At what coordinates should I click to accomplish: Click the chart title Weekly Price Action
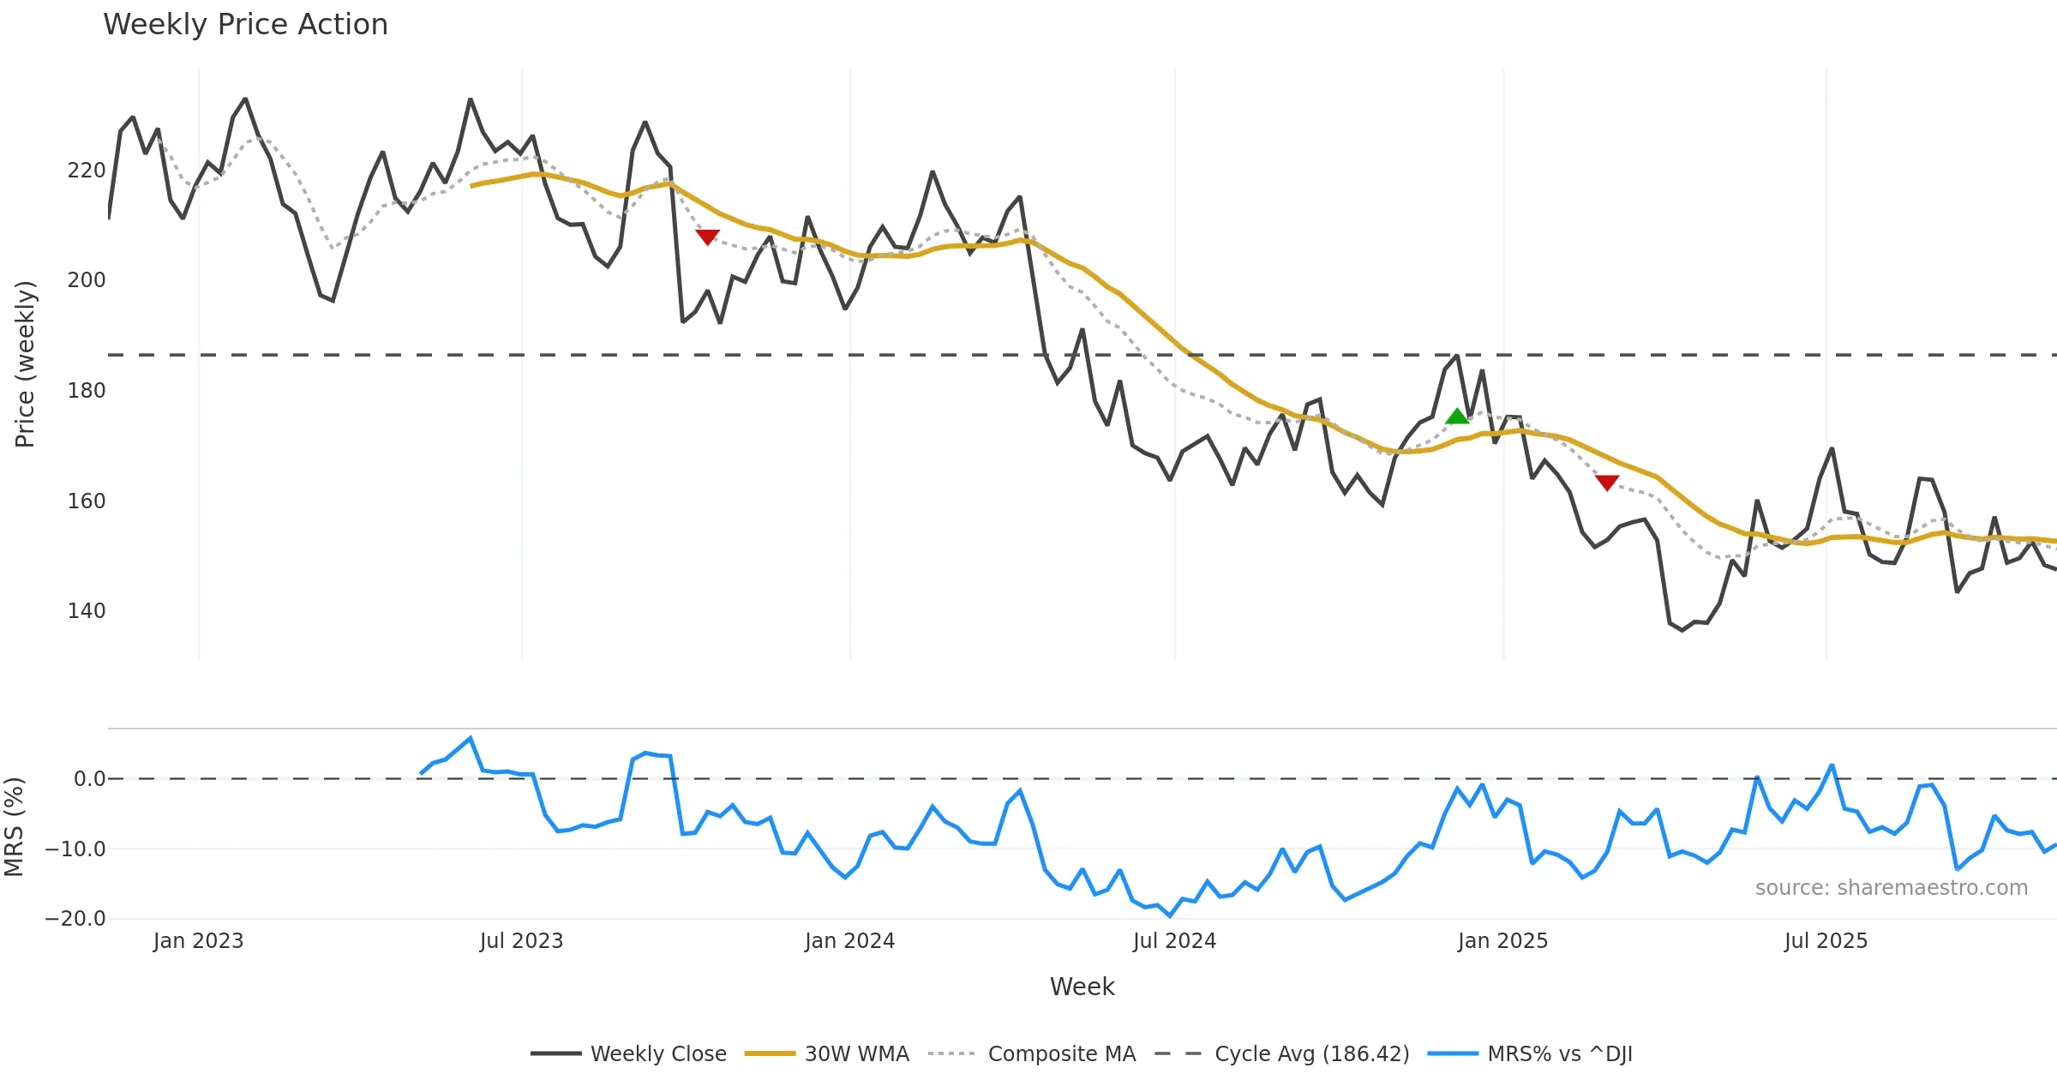(x=245, y=25)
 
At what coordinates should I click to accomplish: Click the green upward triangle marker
(x=1457, y=417)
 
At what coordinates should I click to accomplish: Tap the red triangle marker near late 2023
(x=707, y=237)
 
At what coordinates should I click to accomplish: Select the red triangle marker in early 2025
(x=1607, y=483)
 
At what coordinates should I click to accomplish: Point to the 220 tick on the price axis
(x=87, y=171)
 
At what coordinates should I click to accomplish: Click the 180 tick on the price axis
(x=87, y=391)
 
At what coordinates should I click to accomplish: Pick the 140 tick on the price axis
(x=87, y=611)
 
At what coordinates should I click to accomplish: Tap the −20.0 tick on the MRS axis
(x=75, y=919)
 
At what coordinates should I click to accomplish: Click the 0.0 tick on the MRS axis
(x=90, y=779)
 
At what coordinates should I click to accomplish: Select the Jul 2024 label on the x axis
(x=1174, y=941)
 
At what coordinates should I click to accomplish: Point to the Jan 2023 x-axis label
(x=199, y=941)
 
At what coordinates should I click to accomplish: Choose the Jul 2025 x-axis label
(x=1826, y=941)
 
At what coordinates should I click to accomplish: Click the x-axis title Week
(x=1082, y=987)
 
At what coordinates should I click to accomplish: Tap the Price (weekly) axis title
(x=25, y=364)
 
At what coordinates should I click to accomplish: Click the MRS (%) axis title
(x=14, y=827)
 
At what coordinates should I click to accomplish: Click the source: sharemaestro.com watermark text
(x=1891, y=888)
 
